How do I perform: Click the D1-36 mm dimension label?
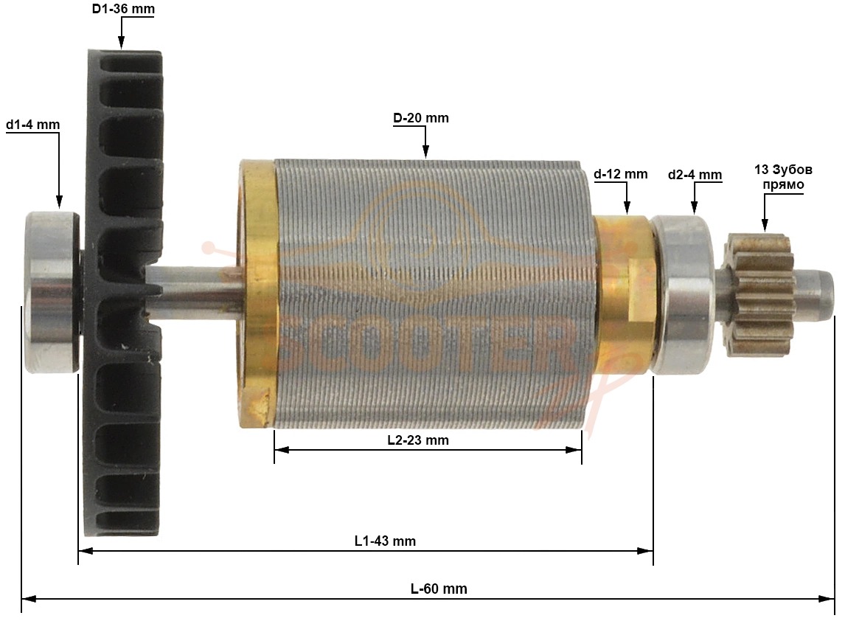[123, 9]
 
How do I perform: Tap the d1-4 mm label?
[33, 125]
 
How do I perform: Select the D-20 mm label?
[421, 118]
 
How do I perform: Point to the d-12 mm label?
[620, 174]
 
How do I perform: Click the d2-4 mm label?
[695, 175]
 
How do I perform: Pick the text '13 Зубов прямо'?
[783, 177]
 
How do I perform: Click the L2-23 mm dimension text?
[418, 440]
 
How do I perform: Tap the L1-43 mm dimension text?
[385, 541]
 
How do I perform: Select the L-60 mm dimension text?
[439, 589]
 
